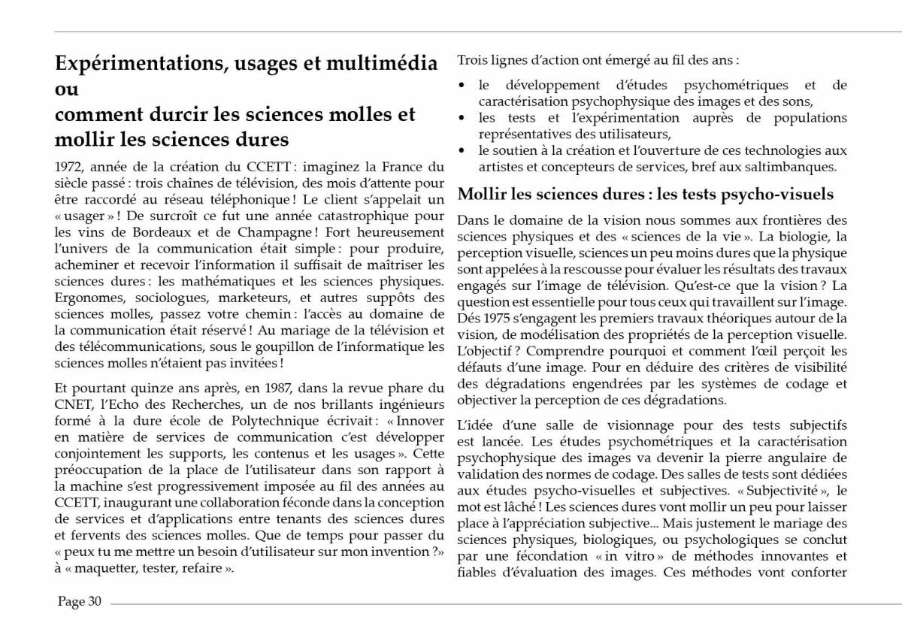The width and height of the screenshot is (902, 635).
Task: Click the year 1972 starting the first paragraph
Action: [x=69, y=167]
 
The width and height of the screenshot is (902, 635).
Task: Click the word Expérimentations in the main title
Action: [x=137, y=63]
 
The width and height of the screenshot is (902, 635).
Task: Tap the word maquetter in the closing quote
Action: [x=101, y=569]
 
